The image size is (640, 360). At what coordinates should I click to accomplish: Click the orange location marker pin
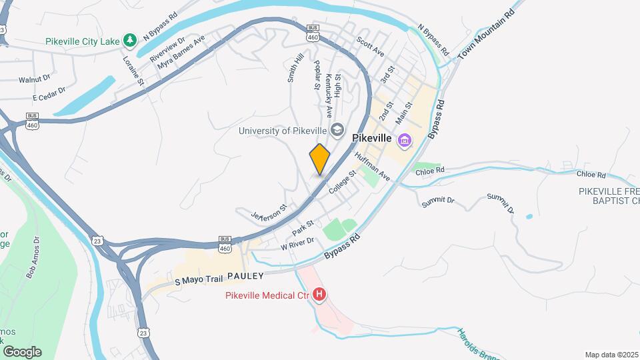(x=320, y=159)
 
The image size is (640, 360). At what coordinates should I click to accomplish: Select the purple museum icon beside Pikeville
(x=404, y=141)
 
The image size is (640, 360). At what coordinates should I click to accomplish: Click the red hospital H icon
(x=319, y=294)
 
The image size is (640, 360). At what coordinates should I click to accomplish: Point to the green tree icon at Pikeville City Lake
(x=131, y=40)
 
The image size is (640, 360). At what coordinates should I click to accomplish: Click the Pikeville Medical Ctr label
(x=267, y=295)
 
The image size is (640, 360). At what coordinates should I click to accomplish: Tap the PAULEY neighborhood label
(x=245, y=275)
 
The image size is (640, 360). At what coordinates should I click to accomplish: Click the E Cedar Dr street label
(x=51, y=94)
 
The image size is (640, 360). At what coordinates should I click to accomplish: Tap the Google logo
(x=22, y=351)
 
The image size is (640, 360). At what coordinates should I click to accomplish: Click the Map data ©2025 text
(x=611, y=354)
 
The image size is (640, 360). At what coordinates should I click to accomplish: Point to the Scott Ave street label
(x=371, y=46)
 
